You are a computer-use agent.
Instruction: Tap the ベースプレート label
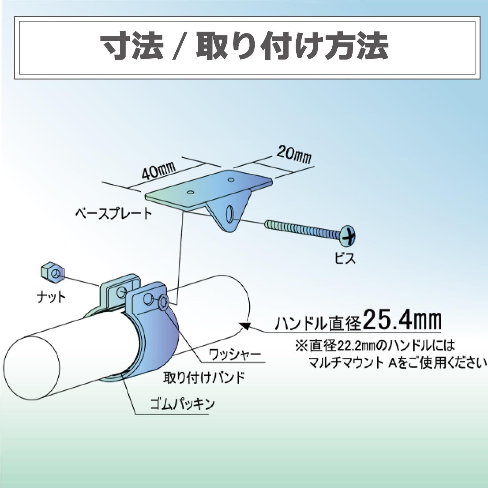pyautogui.click(x=114, y=213)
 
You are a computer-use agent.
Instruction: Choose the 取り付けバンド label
pyautogui.click(x=204, y=377)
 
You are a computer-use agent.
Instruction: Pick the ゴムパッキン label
pyautogui.click(x=182, y=404)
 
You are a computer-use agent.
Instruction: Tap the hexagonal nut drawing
pyautogui.click(x=53, y=273)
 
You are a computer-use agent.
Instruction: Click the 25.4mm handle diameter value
pyautogui.click(x=402, y=319)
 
